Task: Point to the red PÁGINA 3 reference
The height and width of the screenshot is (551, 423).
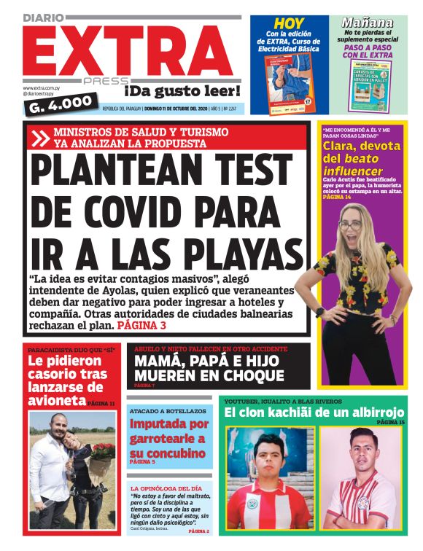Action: click(x=141, y=325)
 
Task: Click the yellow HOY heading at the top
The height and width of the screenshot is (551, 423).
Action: click(x=289, y=24)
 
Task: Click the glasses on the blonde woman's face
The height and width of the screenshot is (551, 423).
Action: click(x=350, y=226)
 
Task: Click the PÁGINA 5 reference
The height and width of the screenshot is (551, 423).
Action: click(x=142, y=461)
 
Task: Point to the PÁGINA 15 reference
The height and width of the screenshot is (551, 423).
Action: click(x=391, y=422)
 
